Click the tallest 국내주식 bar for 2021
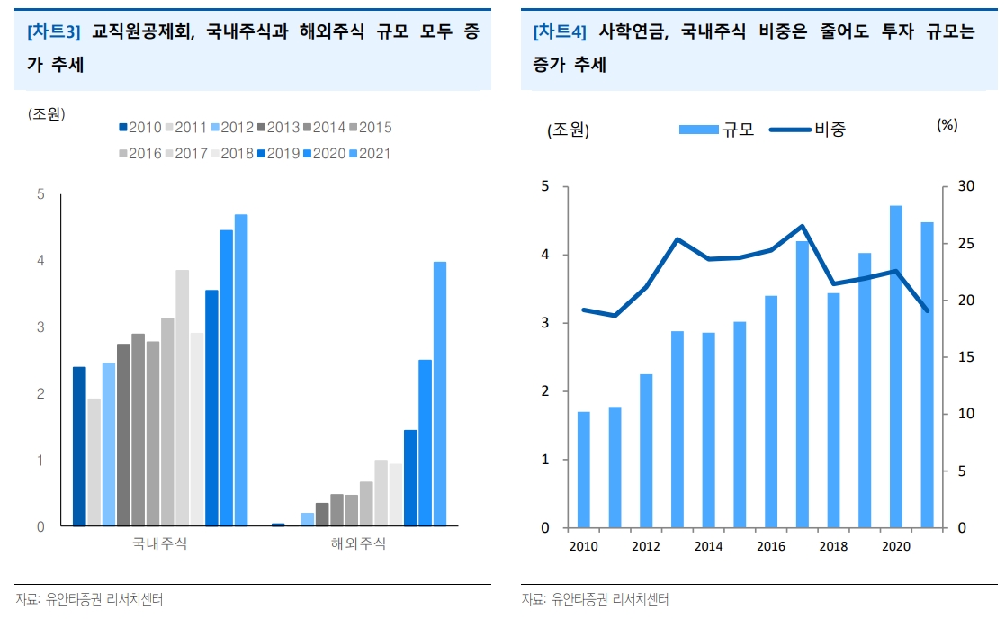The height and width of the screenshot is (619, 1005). [x=241, y=370]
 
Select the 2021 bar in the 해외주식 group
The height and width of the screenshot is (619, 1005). [x=440, y=394]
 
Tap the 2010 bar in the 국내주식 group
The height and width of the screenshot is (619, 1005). [x=79, y=446]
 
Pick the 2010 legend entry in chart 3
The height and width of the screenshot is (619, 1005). [x=139, y=128]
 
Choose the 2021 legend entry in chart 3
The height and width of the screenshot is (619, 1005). [x=369, y=153]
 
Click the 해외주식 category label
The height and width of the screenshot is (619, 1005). [x=358, y=543]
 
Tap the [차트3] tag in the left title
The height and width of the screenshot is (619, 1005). [x=54, y=32]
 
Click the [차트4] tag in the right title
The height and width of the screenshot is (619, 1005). [x=560, y=32]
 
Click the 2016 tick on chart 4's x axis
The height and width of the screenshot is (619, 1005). [x=771, y=546]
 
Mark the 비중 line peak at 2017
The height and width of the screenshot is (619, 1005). [x=802, y=226]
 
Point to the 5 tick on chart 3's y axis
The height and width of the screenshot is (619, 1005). [x=40, y=194]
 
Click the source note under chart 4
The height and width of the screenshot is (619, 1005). [x=595, y=599]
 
